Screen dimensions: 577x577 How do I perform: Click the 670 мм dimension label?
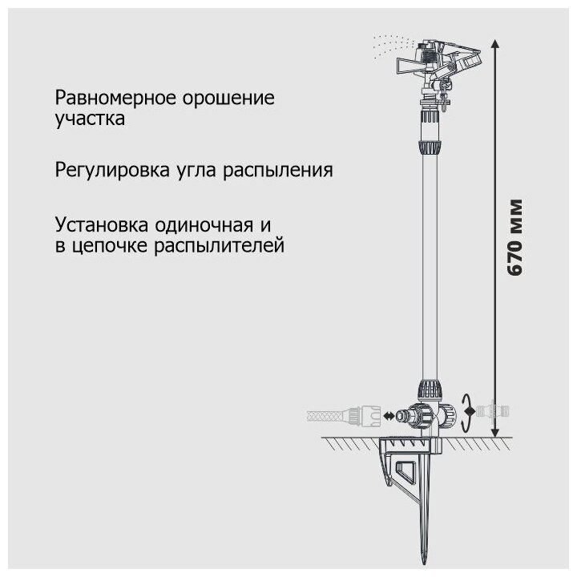(x=516, y=236)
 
